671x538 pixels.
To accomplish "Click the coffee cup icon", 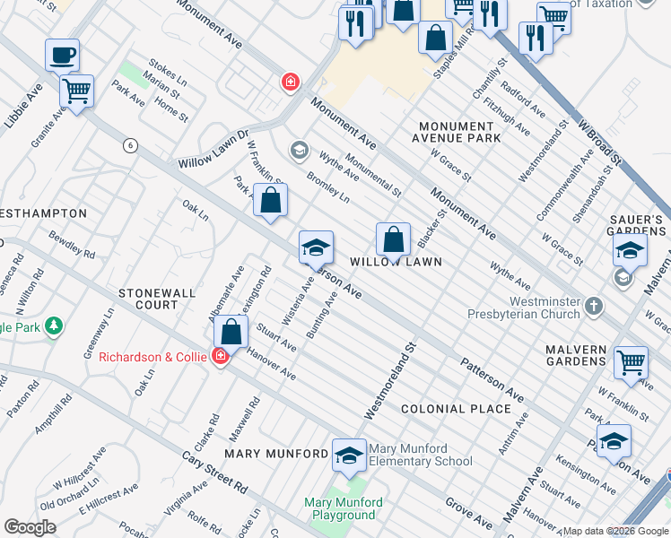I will [x=62, y=56].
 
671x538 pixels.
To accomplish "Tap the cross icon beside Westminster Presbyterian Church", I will [x=593, y=308].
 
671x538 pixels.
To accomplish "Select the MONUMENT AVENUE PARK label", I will [x=456, y=132].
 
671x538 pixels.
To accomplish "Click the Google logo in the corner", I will [x=30, y=527].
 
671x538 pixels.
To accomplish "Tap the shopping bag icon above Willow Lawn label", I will [x=393, y=239].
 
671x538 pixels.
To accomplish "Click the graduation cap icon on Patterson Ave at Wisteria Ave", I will [x=316, y=247].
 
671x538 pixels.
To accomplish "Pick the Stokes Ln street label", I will [x=167, y=72].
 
